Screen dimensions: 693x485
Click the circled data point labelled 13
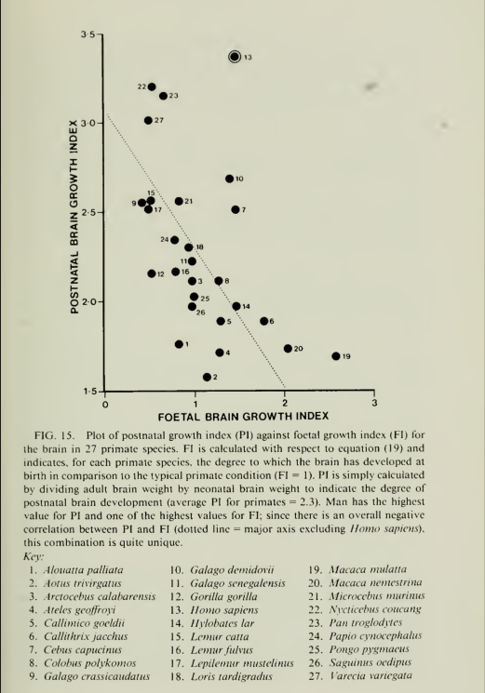[235, 58]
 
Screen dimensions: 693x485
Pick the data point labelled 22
[153, 87]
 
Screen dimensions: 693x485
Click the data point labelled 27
[148, 120]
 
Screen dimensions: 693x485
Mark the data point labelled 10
[229, 179]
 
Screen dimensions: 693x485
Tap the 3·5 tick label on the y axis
[88, 33]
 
